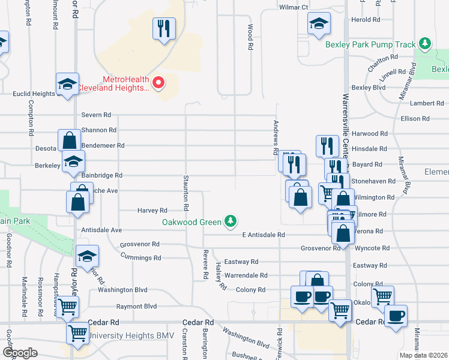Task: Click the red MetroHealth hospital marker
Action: click(158, 83)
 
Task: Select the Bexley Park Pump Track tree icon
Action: click(425, 44)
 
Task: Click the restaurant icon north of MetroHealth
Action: click(164, 28)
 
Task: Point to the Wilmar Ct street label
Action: click(294, 7)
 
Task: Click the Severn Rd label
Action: click(97, 115)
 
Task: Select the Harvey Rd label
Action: click(152, 211)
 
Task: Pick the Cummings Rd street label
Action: click(140, 258)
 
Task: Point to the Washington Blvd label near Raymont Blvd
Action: click(122, 290)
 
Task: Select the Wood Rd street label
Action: click(249, 37)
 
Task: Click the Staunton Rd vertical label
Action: click(186, 193)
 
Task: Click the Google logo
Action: click(20, 352)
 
